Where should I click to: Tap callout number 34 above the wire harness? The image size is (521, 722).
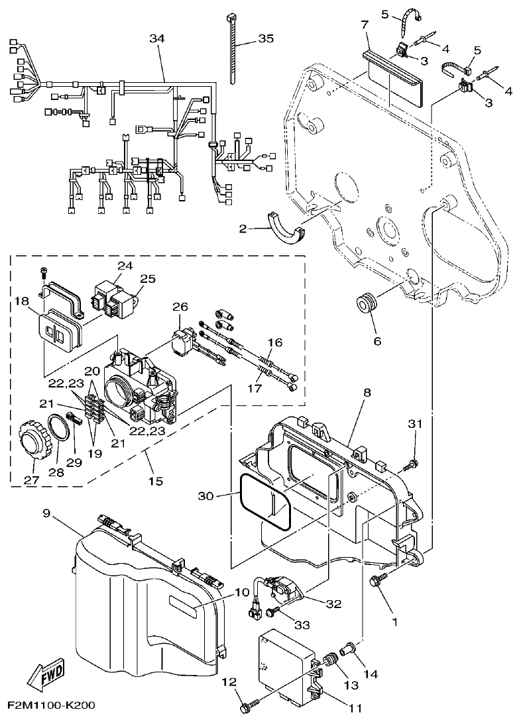[156, 39]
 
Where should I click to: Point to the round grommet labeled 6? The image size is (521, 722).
[366, 305]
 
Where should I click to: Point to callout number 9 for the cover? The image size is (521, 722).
[46, 513]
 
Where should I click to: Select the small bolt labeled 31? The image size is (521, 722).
[411, 464]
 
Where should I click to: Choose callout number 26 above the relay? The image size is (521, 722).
[180, 307]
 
